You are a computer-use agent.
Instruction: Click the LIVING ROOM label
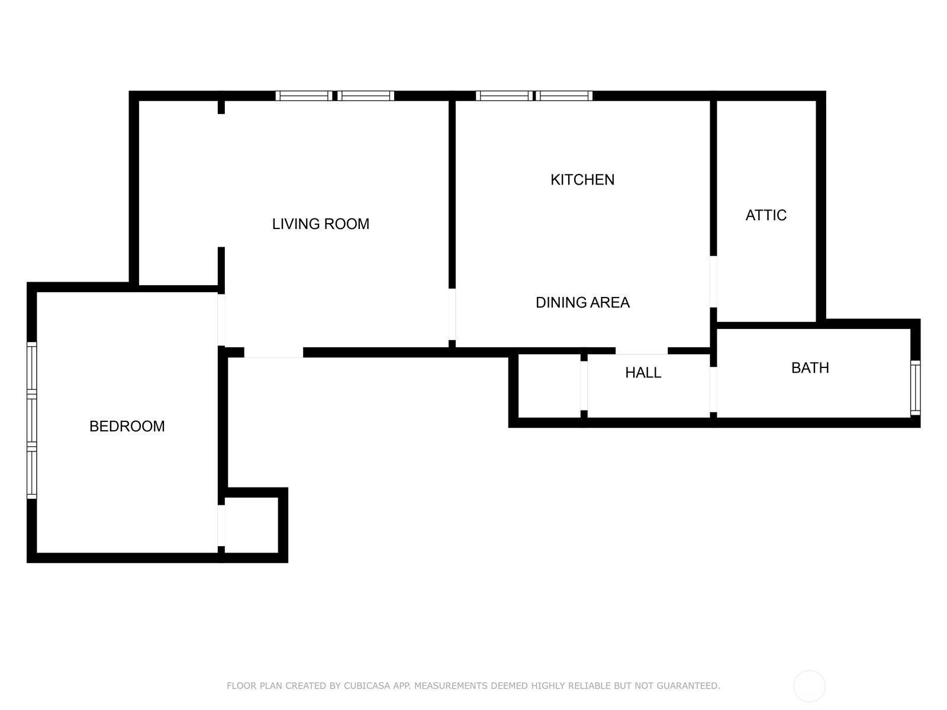pyautogui.click(x=321, y=224)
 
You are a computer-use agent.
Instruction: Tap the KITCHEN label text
pyautogui.click(x=582, y=179)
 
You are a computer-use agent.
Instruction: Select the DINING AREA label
pyautogui.click(x=582, y=302)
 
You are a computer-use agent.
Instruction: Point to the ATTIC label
pyautogui.click(x=766, y=215)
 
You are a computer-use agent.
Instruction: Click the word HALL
pyautogui.click(x=643, y=373)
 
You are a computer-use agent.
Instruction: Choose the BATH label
pyautogui.click(x=810, y=367)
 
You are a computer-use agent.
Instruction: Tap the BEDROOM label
pyautogui.click(x=127, y=426)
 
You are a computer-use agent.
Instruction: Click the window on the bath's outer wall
pyautogui.click(x=915, y=388)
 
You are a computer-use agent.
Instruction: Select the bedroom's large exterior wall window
pyautogui.click(x=32, y=420)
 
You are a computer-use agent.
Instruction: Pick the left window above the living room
pyautogui.click(x=304, y=96)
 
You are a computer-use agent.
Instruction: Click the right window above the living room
pyautogui.click(x=366, y=96)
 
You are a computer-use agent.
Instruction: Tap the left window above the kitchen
pyautogui.click(x=504, y=96)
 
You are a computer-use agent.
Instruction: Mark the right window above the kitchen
pyautogui.click(x=564, y=96)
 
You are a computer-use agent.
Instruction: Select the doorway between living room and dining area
pyautogui.click(x=452, y=314)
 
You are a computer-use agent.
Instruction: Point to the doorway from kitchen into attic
pyautogui.click(x=713, y=282)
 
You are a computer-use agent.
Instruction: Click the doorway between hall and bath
pyautogui.click(x=713, y=389)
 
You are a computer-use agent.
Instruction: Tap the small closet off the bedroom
pyautogui.click(x=252, y=525)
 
